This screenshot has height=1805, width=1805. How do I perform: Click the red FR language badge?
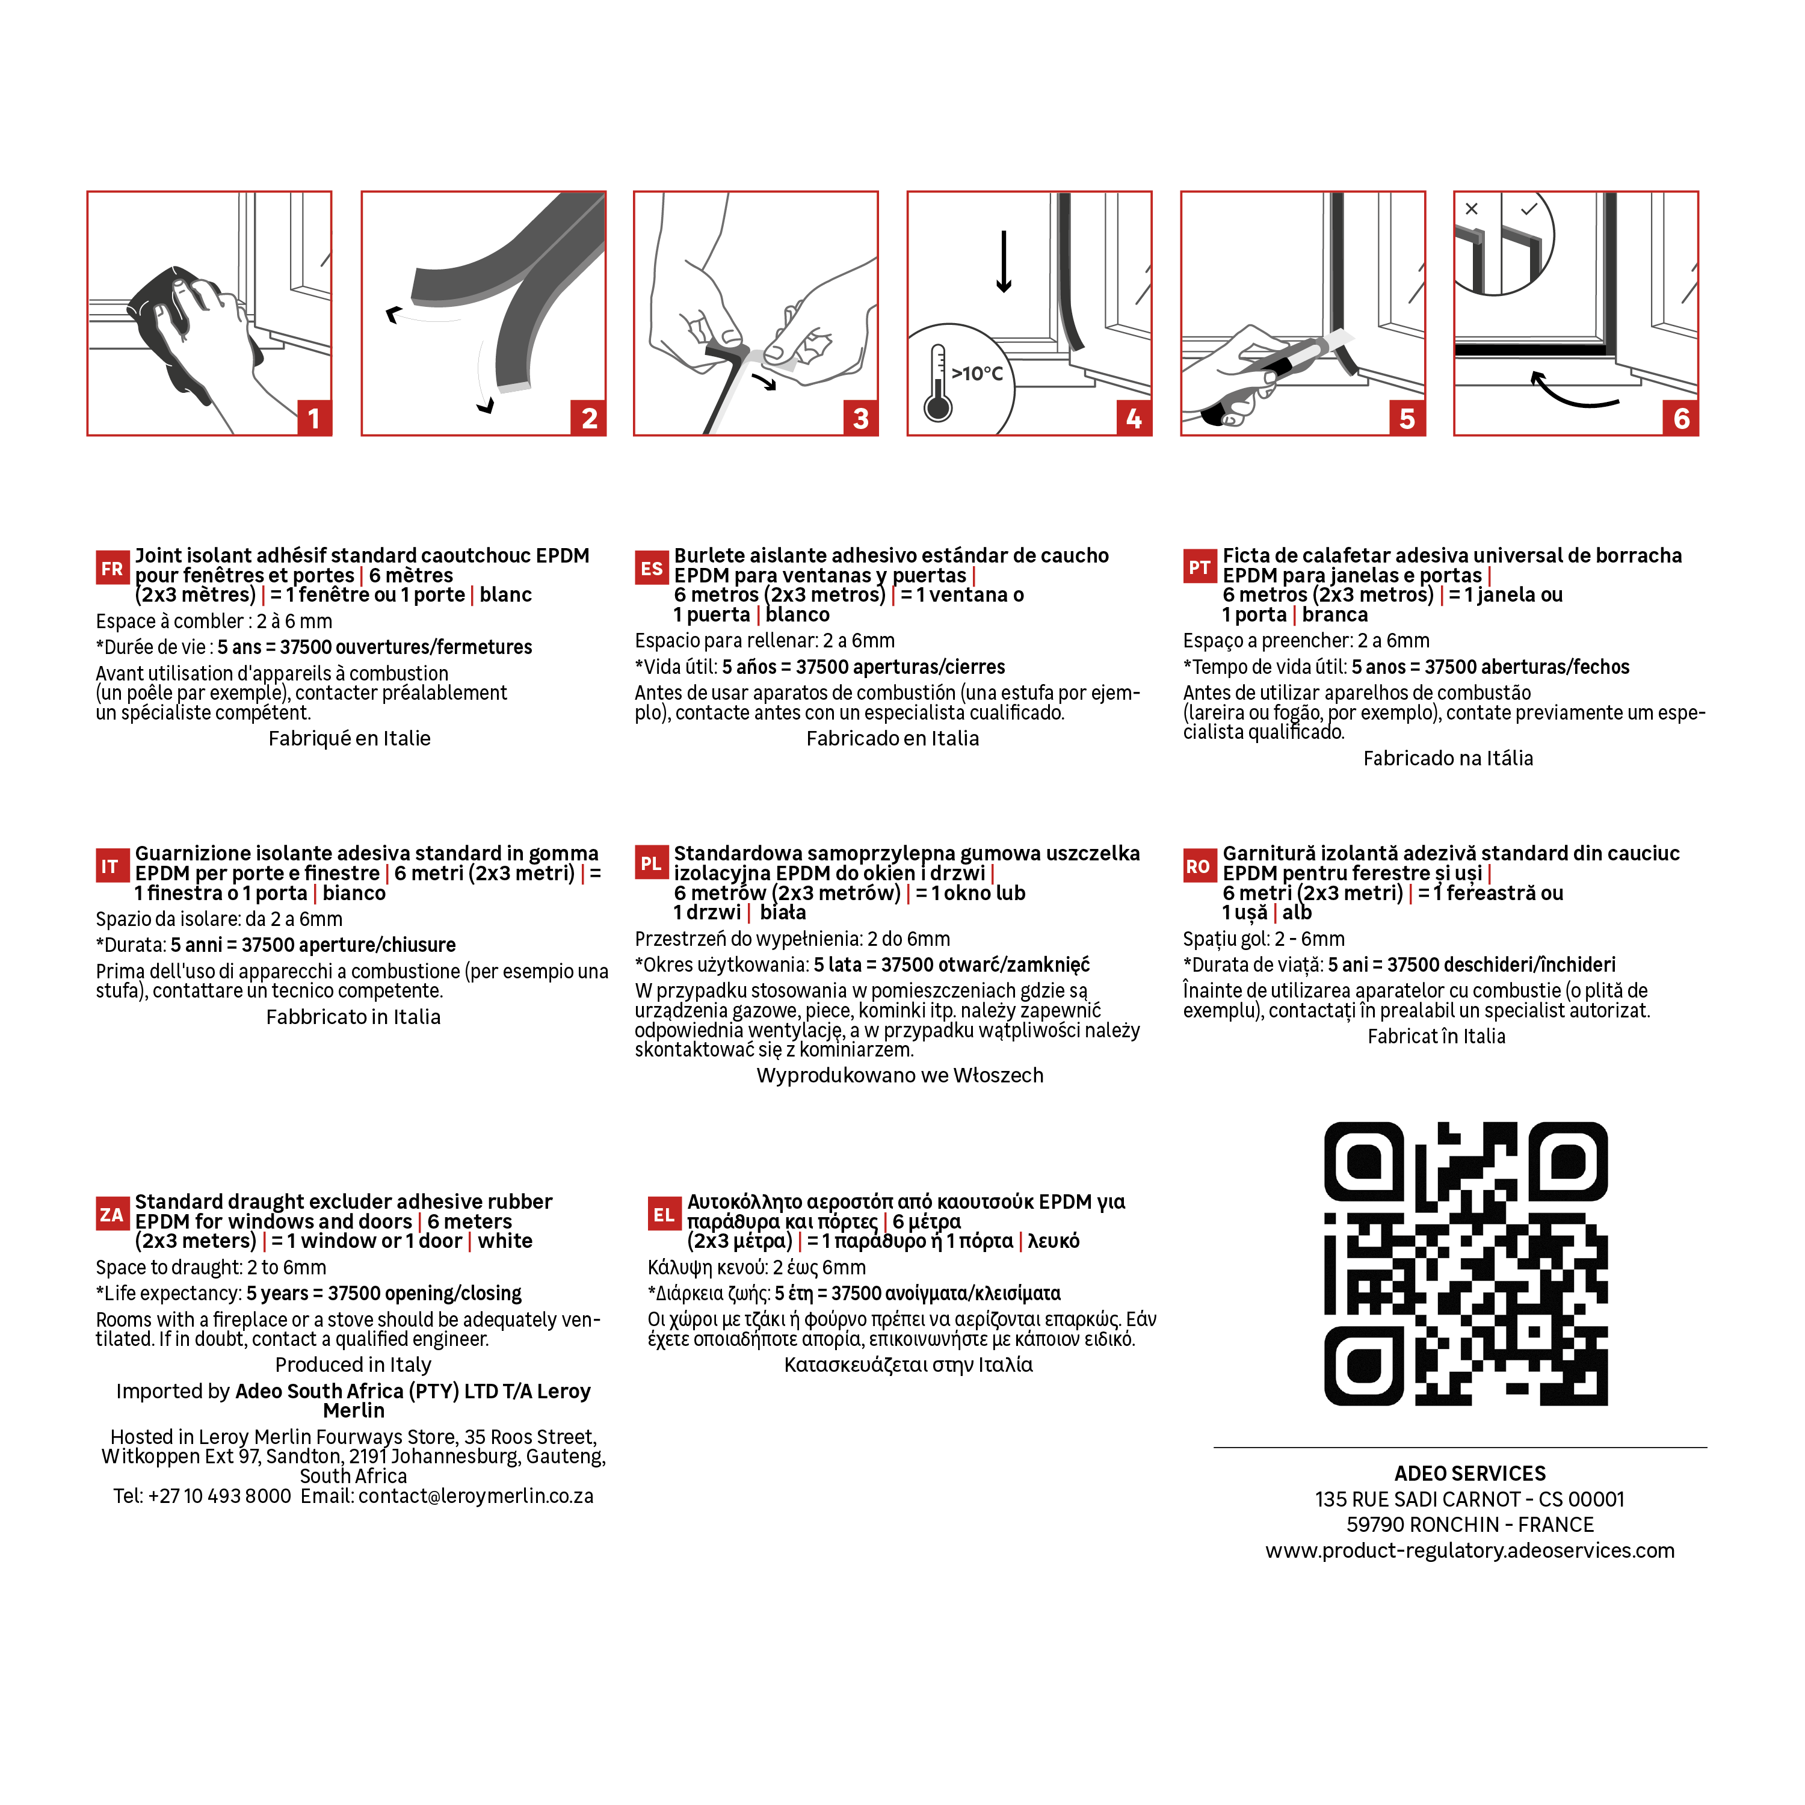click(x=112, y=568)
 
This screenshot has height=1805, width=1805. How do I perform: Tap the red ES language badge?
click(x=651, y=568)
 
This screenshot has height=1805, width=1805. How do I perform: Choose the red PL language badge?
click(x=651, y=864)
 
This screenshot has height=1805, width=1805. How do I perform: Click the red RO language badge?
click(x=1199, y=866)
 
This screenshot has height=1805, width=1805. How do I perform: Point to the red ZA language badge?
click(x=112, y=1215)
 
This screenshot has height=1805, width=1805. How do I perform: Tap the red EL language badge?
click(x=663, y=1215)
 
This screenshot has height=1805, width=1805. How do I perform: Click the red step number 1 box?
click(x=314, y=418)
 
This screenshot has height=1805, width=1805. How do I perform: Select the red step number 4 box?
click(x=1134, y=418)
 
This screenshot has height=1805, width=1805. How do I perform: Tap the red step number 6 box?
click(x=1680, y=418)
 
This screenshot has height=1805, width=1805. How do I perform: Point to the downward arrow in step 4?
click(x=1004, y=262)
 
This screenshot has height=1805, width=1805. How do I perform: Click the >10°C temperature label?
click(x=977, y=374)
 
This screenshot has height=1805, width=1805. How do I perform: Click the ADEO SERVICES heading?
click(x=1470, y=1474)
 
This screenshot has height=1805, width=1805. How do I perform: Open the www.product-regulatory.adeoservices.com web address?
click(x=1470, y=1551)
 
